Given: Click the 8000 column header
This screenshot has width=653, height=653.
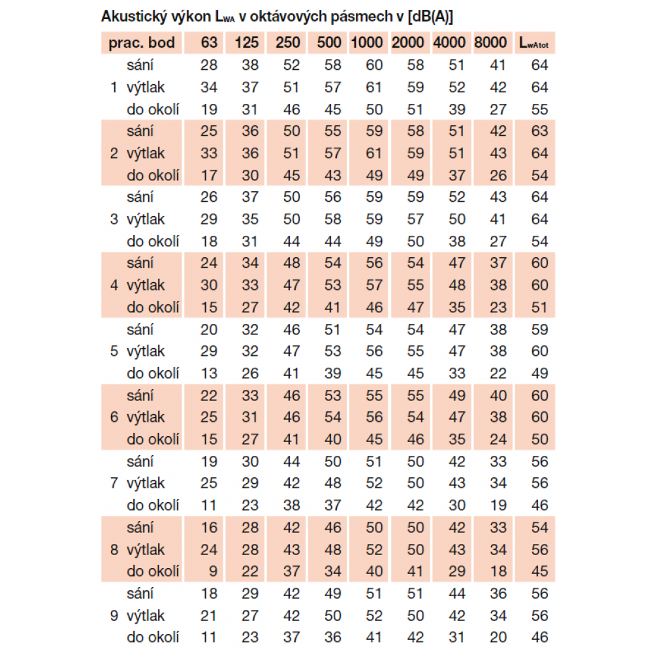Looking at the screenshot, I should click(x=490, y=43).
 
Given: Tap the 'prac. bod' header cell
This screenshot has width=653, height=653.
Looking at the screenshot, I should click(x=142, y=43).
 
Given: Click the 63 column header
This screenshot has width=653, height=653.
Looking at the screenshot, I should click(x=209, y=43).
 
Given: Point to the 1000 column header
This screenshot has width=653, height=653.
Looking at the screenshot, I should click(x=367, y=43).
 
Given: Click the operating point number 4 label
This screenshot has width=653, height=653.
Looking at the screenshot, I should click(x=114, y=285).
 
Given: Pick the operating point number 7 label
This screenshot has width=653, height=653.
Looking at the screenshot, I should click(x=114, y=483).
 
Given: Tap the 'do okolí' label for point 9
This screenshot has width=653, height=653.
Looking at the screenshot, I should click(x=153, y=637).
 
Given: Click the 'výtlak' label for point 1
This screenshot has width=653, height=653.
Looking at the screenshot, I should click(x=146, y=88).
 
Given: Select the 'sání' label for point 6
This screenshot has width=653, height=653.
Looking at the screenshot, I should click(x=140, y=395).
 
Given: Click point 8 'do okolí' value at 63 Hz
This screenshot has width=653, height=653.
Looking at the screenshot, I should click(x=212, y=571).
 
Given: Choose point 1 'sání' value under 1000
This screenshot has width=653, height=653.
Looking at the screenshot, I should click(x=374, y=65).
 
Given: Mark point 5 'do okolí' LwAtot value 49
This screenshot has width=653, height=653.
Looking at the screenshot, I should click(x=539, y=374).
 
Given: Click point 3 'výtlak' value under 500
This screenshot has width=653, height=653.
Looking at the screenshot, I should click(x=333, y=219).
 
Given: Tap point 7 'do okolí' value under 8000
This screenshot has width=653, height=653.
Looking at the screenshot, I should click(x=498, y=505).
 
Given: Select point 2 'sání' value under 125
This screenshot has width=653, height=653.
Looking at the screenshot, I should click(x=250, y=131).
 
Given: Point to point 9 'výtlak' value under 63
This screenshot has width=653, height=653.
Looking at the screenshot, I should click(x=209, y=616).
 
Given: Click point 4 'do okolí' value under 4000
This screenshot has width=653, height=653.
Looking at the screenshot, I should click(x=457, y=308).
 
